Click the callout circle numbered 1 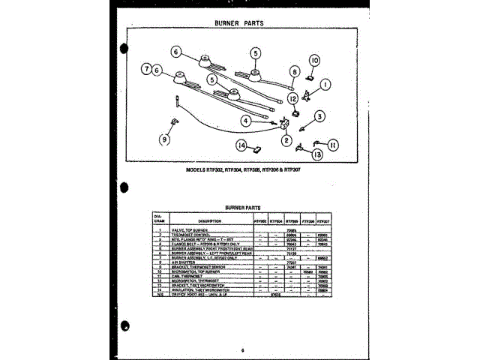click(x=325, y=86)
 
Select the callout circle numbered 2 click(x=286, y=140)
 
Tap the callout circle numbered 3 click(x=319, y=116)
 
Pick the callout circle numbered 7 click(x=145, y=69)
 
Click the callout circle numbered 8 click(x=295, y=72)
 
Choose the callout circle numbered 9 click(x=164, y=138)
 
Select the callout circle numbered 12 click(x=292, y=98)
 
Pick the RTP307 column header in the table click(x=322, y=220)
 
